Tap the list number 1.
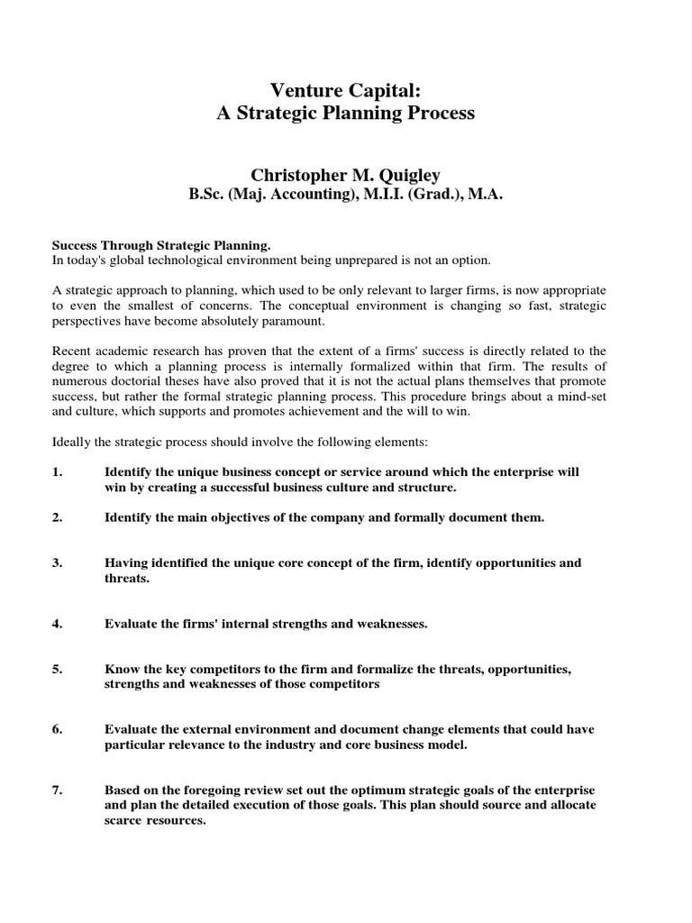(x=57, y=472)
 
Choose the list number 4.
(x=57, y=623)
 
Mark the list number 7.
(x=57, y=790)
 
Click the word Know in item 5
(x=121, y=670)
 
